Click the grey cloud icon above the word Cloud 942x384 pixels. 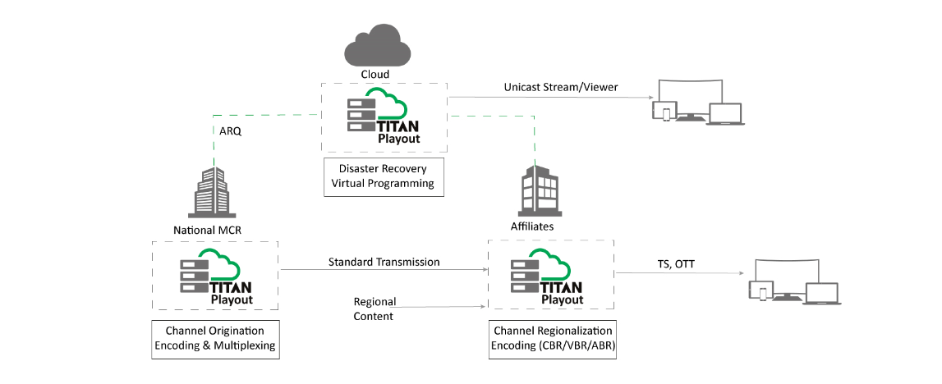click(375, 46)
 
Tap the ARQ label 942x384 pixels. click(231, 130)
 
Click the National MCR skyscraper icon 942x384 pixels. click(214, 192)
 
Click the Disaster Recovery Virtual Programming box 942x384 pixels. click(384, 176)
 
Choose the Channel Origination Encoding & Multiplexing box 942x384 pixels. click(215, 340)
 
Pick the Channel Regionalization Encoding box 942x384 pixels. click(552, 340)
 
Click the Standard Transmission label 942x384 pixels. click(384, 262)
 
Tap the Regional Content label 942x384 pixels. click(373, 309)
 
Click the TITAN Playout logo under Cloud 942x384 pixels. click(384, 117)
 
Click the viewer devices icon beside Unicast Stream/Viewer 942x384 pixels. click(697, 102)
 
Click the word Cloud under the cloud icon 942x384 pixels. click(375, 75)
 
